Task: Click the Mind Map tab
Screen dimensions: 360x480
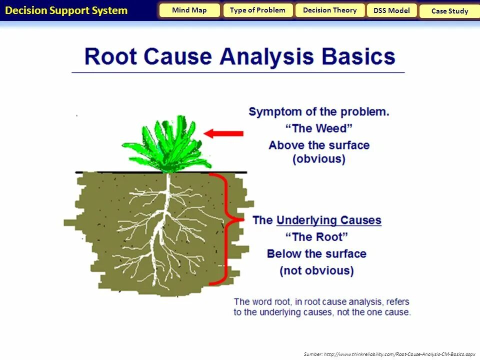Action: coord(189,10)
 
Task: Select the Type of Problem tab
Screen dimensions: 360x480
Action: coord(257,10)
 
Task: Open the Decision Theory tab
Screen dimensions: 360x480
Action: coord(330,10)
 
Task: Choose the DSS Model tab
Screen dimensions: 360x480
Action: coord(391,11)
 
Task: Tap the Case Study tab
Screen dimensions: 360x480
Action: coord(449,11)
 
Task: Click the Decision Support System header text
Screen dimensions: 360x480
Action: coord(66,10)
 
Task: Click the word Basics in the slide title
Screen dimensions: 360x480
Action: coord(358,56)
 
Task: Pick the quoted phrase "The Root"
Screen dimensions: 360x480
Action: coord(316,237)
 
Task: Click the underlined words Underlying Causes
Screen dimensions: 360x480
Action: coord(328,220)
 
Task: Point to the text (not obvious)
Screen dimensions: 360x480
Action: coord(316,271)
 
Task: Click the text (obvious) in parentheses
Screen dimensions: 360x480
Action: coord(319,159)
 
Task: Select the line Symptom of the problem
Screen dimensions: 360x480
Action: coord(319,112)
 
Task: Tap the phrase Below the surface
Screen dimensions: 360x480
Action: coord(316,254)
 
